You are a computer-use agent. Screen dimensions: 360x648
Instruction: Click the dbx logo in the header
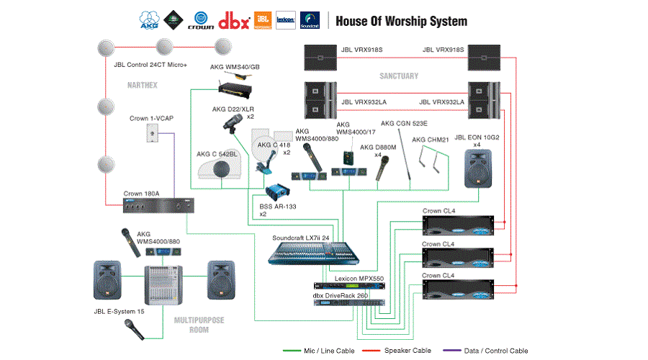pyautogui.click(x=234, y=19)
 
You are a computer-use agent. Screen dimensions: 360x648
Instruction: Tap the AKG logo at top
pyautogui.click(x=149, y=20)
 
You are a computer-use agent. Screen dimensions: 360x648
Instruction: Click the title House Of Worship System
pyautogui.click(x=401, y=21)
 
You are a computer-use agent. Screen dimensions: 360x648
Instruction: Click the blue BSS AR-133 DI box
pyautogui.click(x=276, y=193)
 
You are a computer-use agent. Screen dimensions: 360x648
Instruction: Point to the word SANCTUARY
pyautogui.click(x=399, y=76)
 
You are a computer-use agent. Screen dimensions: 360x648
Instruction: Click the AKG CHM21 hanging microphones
pyautogui.click(x=433, y=156)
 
